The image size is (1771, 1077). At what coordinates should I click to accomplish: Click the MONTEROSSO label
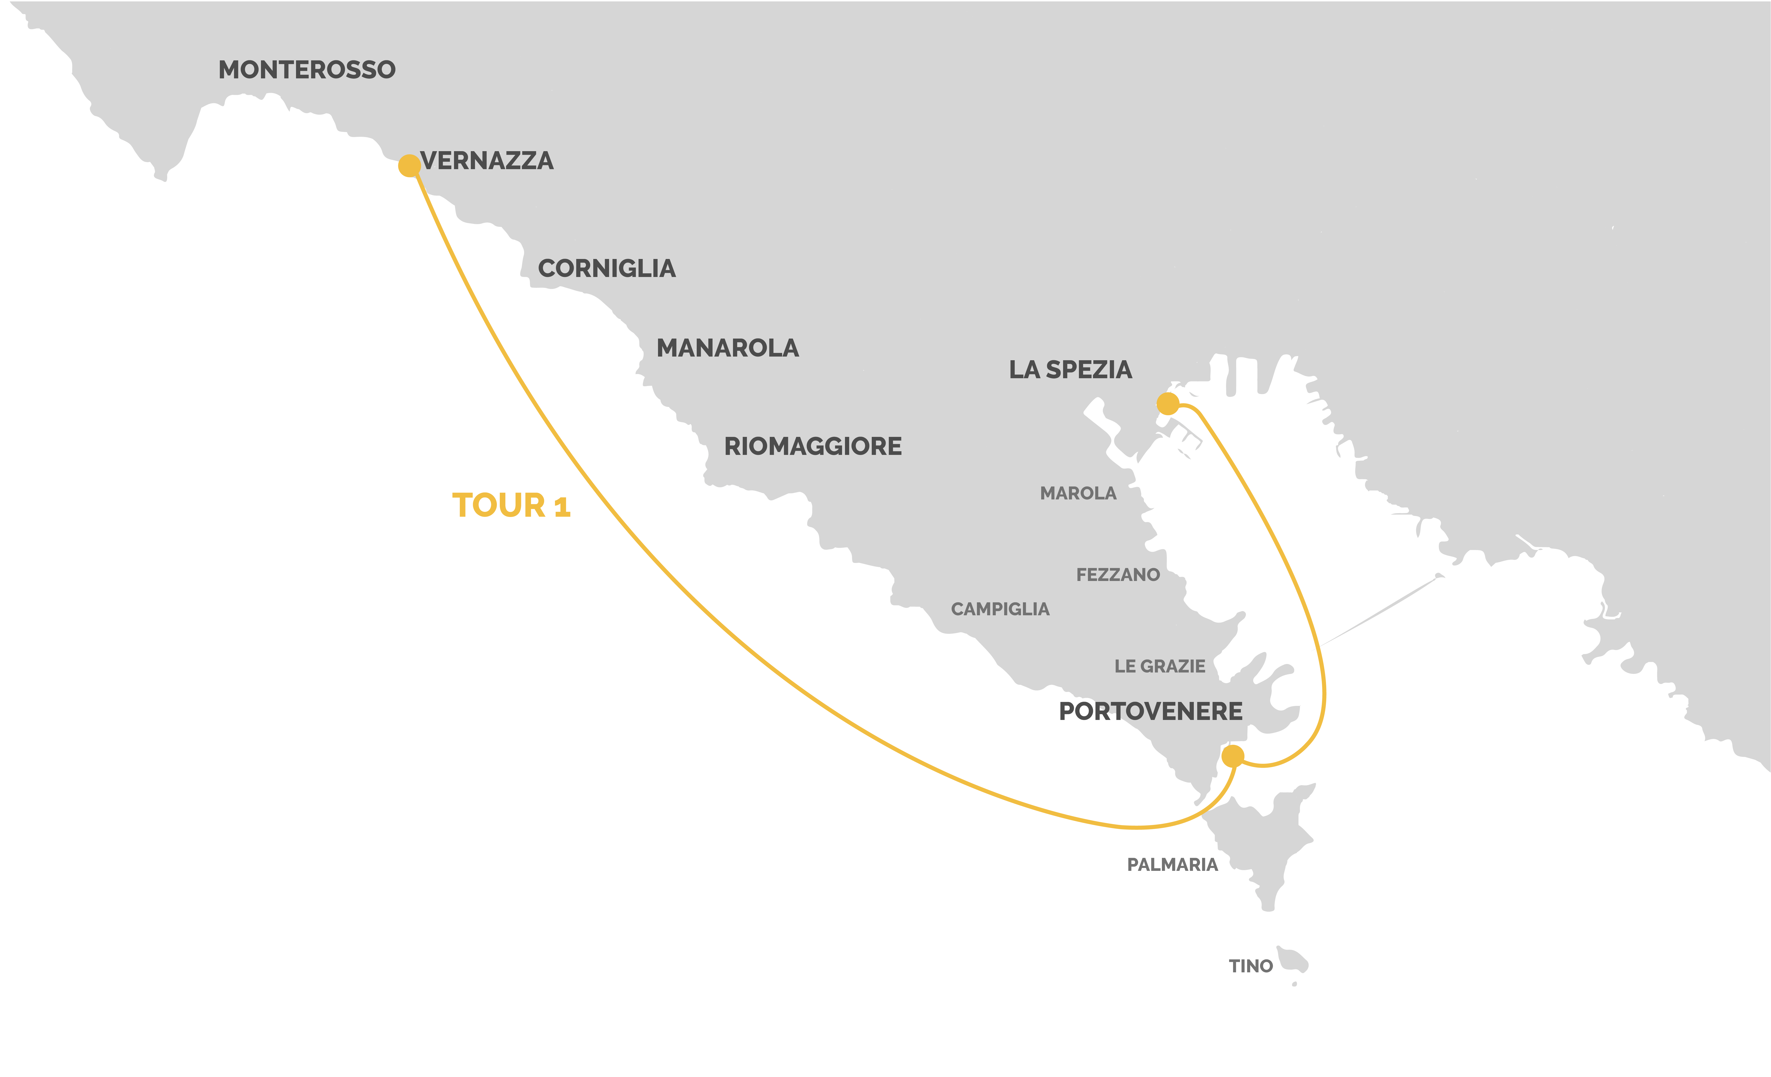coord(307,70)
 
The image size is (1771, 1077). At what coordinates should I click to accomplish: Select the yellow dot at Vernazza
coord(409,166)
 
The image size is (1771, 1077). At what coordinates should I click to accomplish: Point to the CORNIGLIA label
coord(607,269)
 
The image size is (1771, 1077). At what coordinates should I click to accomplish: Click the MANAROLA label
coord(727,349)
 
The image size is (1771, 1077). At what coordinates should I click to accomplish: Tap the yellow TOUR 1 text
coord(510,506)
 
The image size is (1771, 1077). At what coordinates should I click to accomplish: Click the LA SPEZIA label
coord(1070,370)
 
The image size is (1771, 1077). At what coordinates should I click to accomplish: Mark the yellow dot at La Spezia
coord(1168,404)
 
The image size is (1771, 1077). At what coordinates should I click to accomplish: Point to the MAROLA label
coord(1078,494)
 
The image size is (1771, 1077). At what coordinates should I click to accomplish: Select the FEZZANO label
coord(1118,575)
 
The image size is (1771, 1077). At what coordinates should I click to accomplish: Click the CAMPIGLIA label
coord(1000,609)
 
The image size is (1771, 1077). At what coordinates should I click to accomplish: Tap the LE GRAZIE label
coord(1159,666)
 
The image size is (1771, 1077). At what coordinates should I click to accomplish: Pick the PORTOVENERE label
coord(1151,711)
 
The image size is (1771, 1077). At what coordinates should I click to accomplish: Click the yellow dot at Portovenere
coord(1233,756)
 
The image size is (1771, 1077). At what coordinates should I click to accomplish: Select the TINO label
coord(1251,966)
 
